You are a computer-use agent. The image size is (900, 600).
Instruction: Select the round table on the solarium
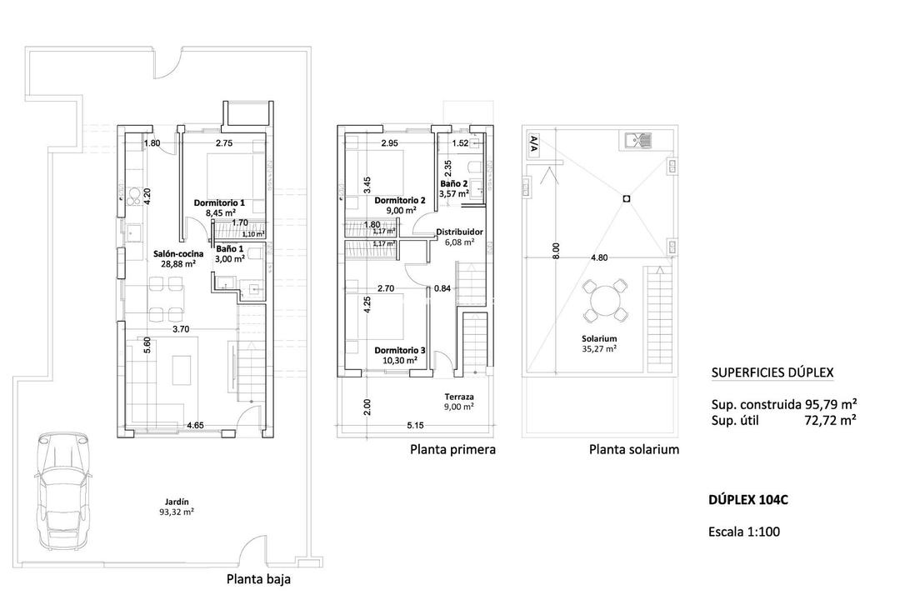click(603, 302)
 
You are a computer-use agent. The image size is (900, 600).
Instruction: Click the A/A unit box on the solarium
click(532, 143)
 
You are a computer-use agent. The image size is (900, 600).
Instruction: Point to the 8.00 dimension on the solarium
click(557, 250)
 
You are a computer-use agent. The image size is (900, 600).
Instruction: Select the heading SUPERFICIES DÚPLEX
click(772, 373)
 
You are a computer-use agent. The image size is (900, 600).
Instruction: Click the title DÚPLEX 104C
click(747, 500)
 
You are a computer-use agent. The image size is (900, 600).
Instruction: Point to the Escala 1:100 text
click(743, 532)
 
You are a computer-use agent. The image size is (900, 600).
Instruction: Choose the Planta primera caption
click(452, 450)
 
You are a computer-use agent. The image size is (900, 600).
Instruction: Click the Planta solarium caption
click(633, 450)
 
